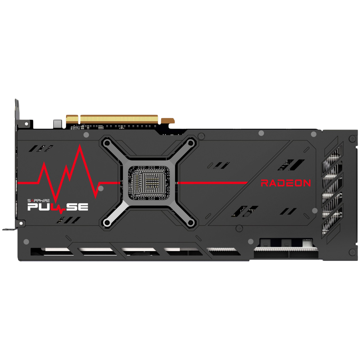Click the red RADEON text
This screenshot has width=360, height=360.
pyautogui.click(x=286, y=183)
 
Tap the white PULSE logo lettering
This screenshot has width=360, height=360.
pyautogui.click(x=58, y=207)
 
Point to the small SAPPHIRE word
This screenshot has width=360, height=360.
pyautogui.click(x=38, y=201)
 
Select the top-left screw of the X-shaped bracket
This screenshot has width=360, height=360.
pyautogui.click(x=106, y=143)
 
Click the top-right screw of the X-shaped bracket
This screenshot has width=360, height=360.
pyautogui.click(x=190, y=143)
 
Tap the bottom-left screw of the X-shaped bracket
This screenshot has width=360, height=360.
pyautogui.click(x=106, y=222)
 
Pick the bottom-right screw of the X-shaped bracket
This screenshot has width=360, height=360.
pyautogui.click(x=190, y=222)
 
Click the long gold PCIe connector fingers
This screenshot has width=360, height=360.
pyautogui.click(x=119, y=119)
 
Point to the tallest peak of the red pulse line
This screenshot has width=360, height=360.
pyautogui.click(x=80, y=145)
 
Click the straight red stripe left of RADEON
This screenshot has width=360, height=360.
pyautogui.click(x=213, y=183)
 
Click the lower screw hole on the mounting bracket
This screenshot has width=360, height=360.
pyautogui.click(x=21, y=223)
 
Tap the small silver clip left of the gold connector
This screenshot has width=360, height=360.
pyautogui.click(x=57, y=124)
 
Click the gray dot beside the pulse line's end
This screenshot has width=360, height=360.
pyautogui.click(x=100, y=188)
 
